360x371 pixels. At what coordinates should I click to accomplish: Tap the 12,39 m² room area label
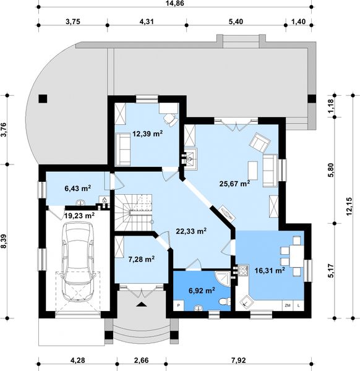[x=147, y=134]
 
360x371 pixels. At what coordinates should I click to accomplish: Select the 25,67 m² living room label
[x=234, y=184]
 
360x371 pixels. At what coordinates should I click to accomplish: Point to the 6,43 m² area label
[x=78, y=189]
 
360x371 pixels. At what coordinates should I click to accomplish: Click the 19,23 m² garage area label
[x=80, y=216]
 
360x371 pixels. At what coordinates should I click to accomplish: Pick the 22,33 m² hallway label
[x=191, y=231]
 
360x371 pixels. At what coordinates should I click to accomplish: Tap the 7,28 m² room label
[x=141, y=259]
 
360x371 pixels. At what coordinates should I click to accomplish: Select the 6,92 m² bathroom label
[x=202, y=291]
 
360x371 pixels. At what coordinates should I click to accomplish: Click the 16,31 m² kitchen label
[x=270, y=270]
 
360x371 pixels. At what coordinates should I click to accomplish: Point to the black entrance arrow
[x=141, y=304]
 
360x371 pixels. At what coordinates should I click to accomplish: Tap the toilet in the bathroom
[x=225, y=302]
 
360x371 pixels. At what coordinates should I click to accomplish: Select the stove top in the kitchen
[x=243, y=270]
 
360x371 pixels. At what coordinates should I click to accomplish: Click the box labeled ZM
[x=288, y=305]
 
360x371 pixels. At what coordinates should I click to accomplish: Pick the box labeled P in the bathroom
[x=179, y=305]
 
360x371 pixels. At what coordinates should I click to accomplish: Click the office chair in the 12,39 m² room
[x=170, y=119]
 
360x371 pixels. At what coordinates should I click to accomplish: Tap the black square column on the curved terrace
[x=43, y=99]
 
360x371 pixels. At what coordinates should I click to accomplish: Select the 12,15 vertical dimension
[x=349, y=207]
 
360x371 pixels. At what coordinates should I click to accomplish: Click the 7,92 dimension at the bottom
[x=238, y=360]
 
